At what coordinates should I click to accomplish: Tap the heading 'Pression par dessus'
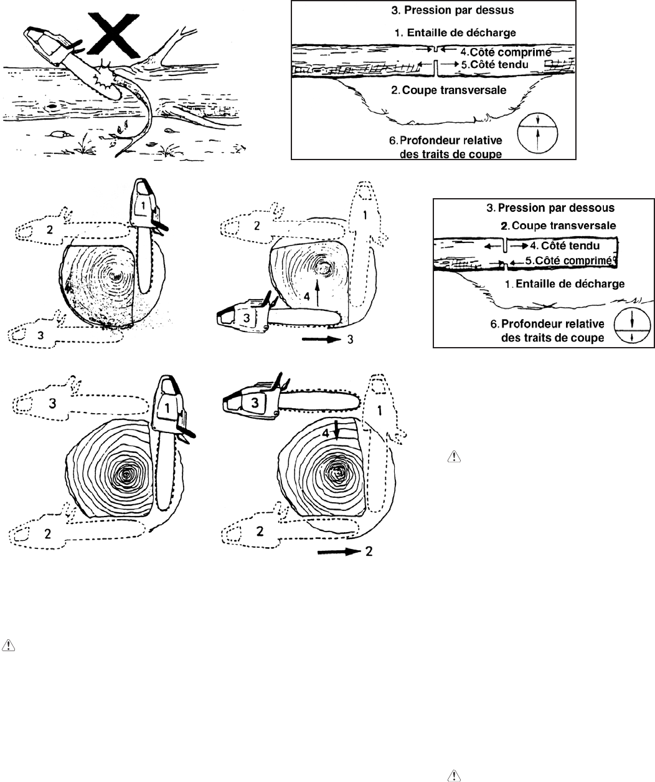pyautogui.click(x=433, y=11)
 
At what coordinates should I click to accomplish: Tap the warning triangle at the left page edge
pyautogui.click(x=8, y=644)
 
